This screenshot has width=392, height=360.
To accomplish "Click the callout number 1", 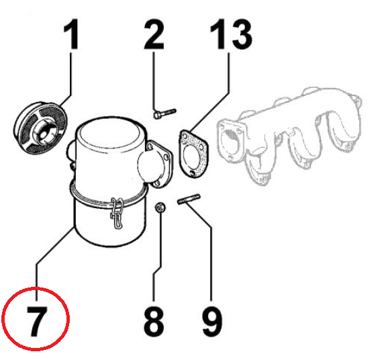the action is click(x=72, y=34).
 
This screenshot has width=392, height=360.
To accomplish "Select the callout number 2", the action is click(x=154, y=34).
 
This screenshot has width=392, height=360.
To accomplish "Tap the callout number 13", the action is click(x=231, y=34).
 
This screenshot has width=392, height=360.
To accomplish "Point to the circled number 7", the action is click(x=37, y=321).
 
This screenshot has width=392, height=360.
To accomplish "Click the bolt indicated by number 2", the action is click(x=164, y=114).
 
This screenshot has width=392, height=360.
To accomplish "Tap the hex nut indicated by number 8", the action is click(x=160, y=208).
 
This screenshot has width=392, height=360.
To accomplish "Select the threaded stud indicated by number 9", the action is click(x=189, y=199).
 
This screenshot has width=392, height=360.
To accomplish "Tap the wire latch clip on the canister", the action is click(x=117, y=213).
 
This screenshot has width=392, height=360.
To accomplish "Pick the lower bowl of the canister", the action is click(x=110, y=223).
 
